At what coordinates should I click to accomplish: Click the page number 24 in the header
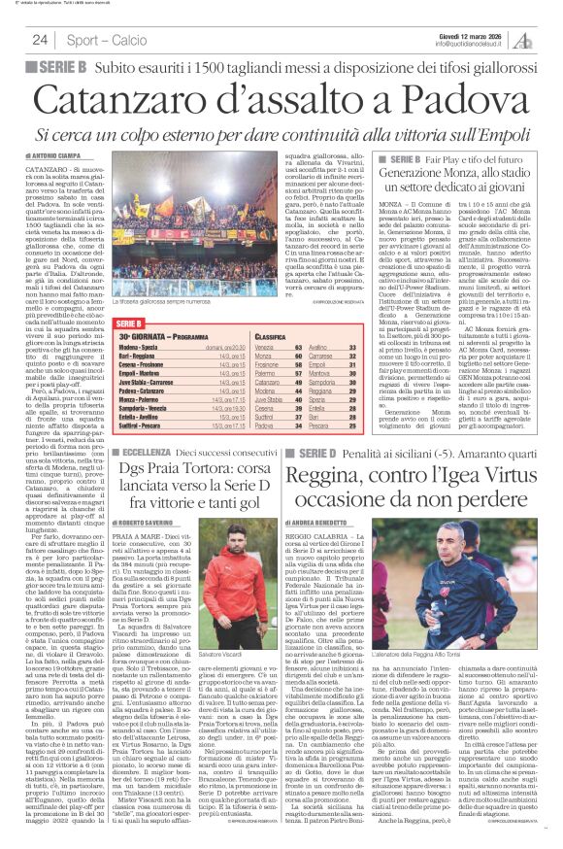40,40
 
